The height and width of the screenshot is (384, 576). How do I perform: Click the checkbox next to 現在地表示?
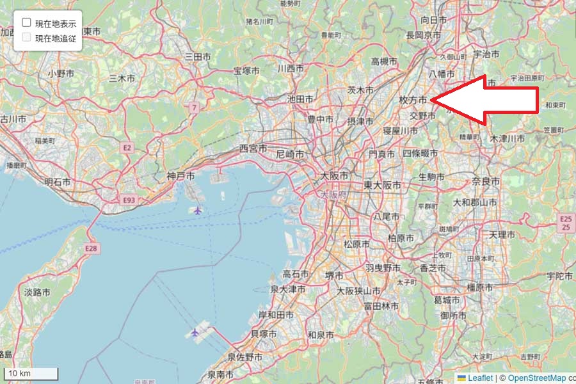click(x=27, y=23)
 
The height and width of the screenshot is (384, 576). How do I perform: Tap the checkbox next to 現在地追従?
click(x=27, y=37)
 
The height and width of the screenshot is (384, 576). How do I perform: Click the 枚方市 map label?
click(x=413, y=100)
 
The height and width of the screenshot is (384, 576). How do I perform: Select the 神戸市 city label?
click(x=180, y=176)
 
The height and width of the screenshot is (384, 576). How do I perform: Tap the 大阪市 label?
click(x=334, y=175)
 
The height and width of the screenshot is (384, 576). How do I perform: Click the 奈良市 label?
click(x=486, y=182)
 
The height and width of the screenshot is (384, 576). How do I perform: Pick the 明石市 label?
click(x=58, y=182)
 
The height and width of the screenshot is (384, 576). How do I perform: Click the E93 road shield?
click(x=129, y=200)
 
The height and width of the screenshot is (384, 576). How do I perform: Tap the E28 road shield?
click(x=91, y=248)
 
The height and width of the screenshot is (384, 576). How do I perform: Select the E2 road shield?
click(x=127, y=148)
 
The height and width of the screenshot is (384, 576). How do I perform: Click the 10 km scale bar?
click(x=30, y=373)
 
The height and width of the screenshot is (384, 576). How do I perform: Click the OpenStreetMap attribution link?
click(x=536, y=378)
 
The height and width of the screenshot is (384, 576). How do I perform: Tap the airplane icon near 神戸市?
click(x=197, y=210)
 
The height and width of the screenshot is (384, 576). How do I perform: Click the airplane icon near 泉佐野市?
click(x=195, y=332)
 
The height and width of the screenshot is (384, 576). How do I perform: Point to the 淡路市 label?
click(x=37, y=292)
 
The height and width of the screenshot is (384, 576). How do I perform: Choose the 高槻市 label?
click(x=385, y=61)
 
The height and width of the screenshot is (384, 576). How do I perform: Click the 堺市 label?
click(x=334, y=275)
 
